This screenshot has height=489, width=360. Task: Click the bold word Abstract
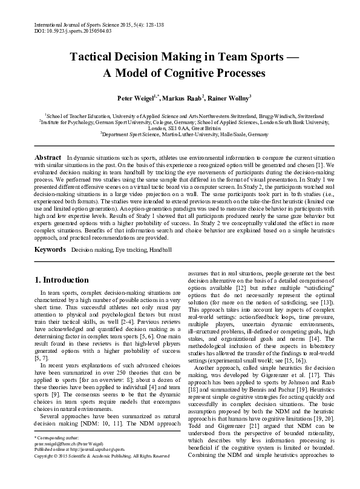[x=48, y=157]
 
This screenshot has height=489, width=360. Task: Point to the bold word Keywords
[x=50, y=249]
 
